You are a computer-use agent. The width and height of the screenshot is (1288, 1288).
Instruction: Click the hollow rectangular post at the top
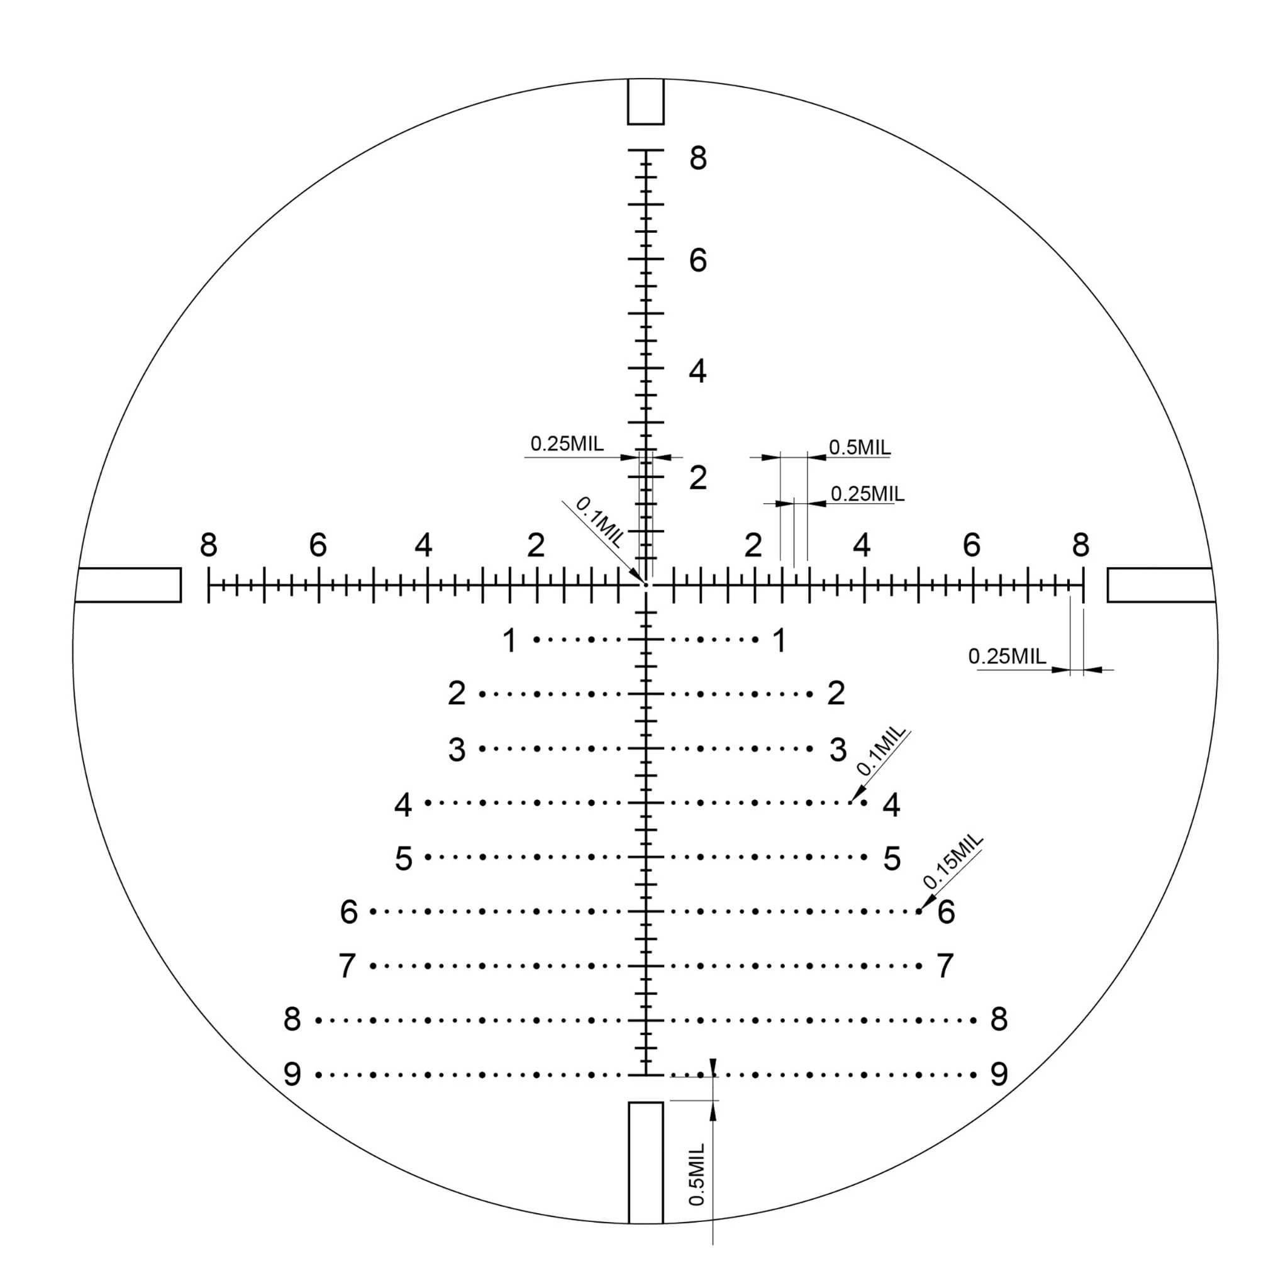coord(629,101)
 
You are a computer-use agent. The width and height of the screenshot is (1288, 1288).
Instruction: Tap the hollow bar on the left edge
coord(128,569)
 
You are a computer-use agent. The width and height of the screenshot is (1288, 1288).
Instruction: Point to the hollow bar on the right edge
coord(1160,569)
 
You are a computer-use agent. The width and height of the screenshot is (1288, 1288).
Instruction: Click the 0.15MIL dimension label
coord(953,861)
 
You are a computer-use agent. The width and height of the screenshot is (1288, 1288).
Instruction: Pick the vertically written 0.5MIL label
coord(697,1174)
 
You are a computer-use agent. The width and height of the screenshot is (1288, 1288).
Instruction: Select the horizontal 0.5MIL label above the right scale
coord(859,447)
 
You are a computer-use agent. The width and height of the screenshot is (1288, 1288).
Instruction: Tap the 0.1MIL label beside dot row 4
coord(881,752)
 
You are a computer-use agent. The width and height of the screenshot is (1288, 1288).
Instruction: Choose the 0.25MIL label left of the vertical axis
coord(567,443)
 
